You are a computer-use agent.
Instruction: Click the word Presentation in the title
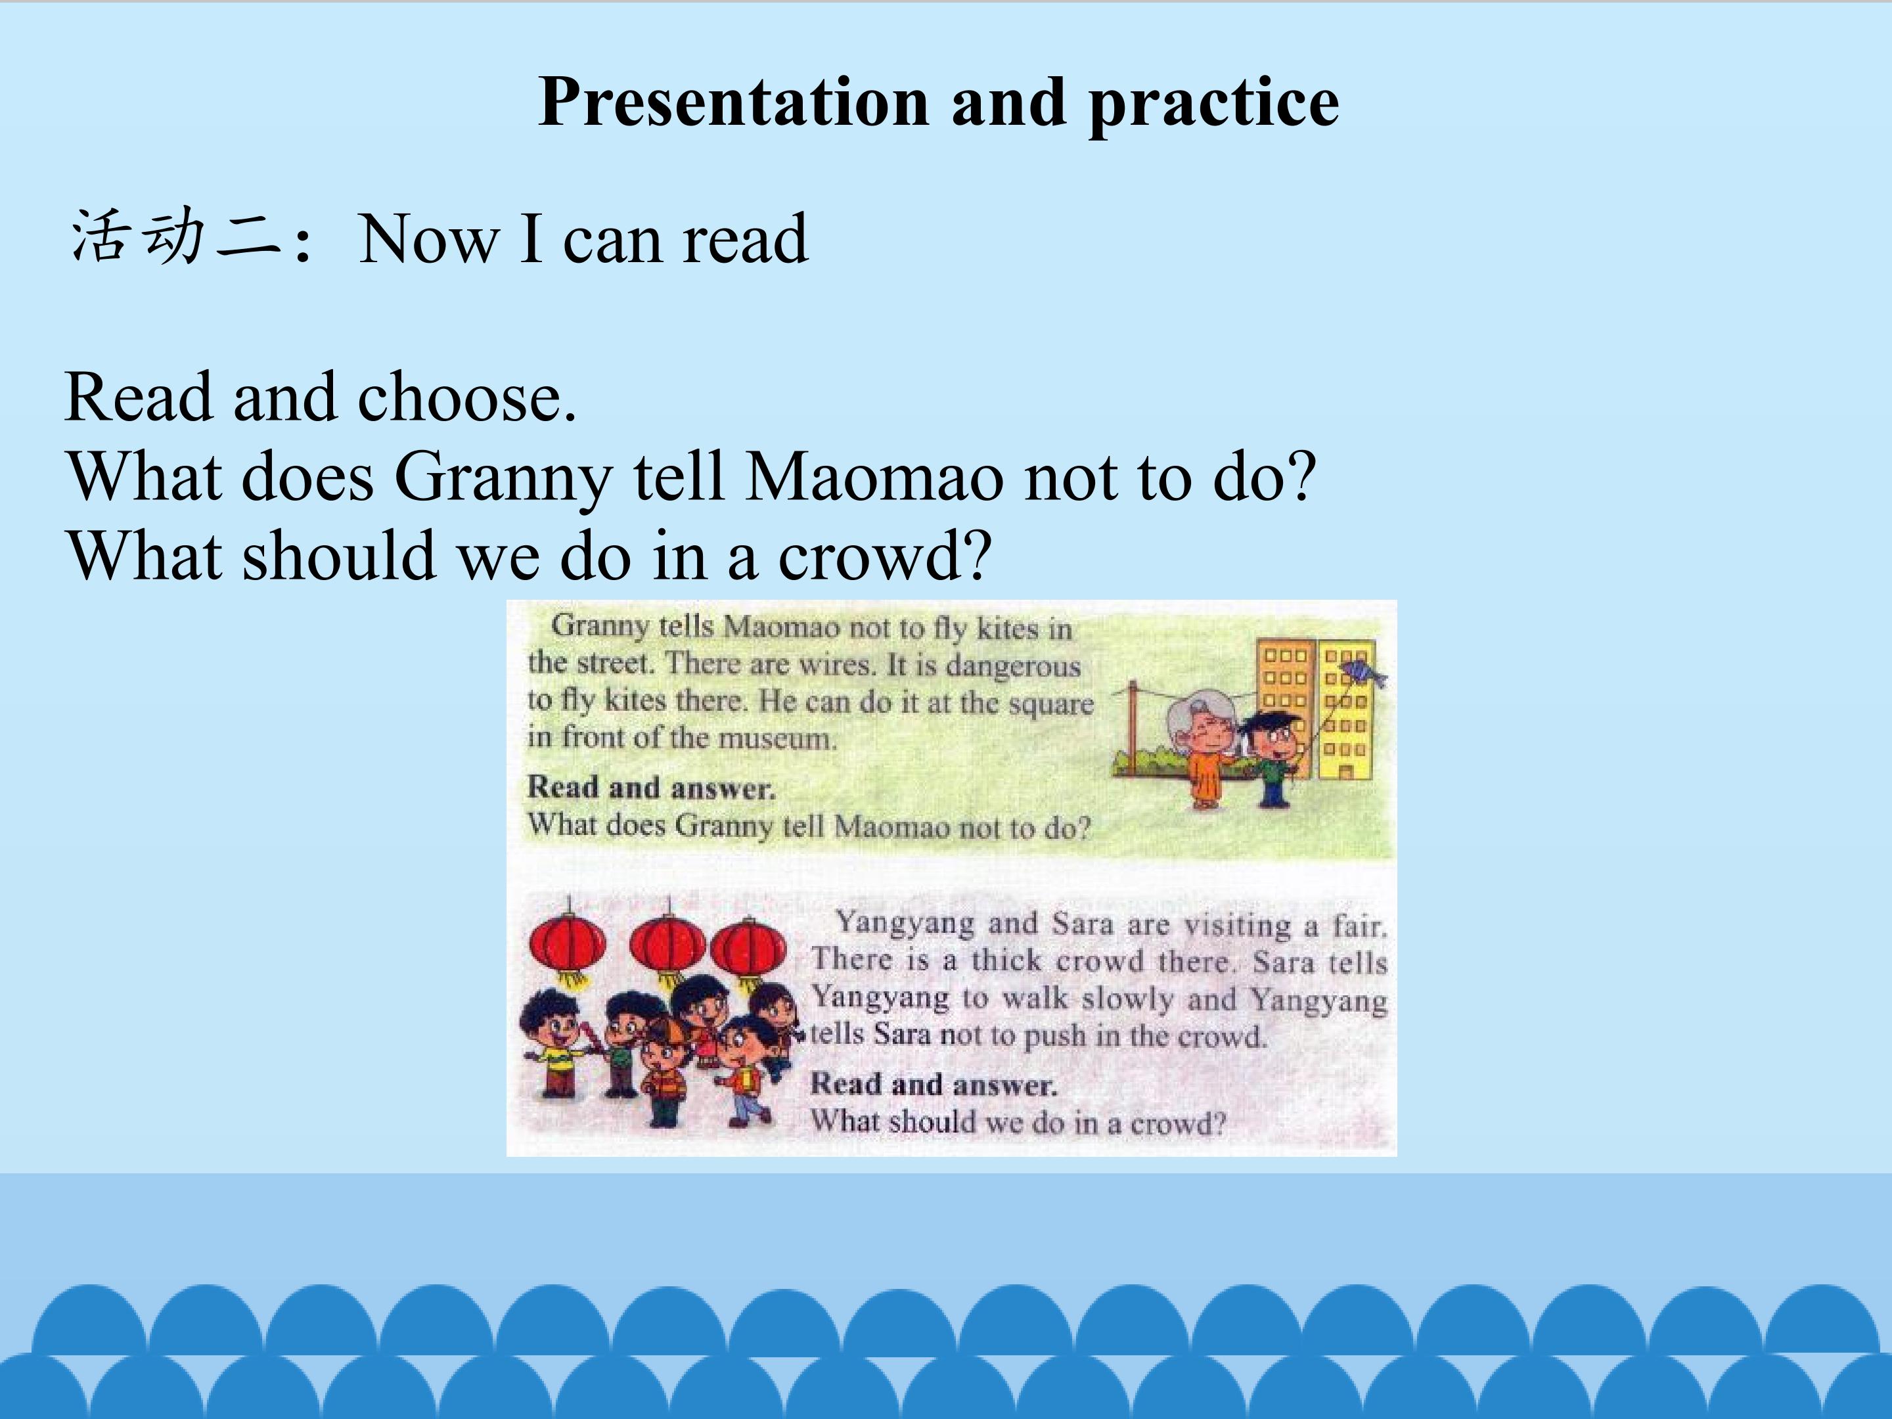pos(734,102)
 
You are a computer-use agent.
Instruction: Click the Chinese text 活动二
pos(176,236)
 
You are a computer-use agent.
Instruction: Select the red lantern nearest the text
pos(748,949)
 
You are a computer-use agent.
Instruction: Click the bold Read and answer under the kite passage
pos(651,788)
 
